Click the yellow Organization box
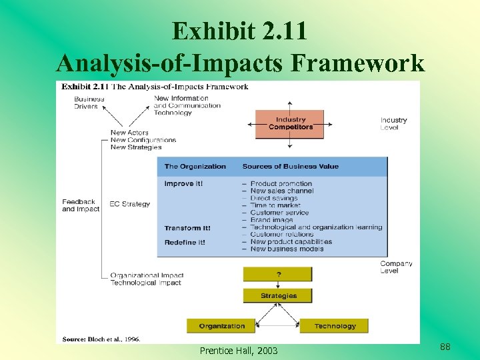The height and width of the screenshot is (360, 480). coord(221,326)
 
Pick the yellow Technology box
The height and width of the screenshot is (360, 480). coord(335,326)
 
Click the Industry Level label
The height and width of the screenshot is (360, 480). coord(393,123)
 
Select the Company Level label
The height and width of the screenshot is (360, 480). coord(396,267)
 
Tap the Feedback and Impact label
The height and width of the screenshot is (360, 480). coord(80,205)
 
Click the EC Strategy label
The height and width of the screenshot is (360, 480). coord(131,204)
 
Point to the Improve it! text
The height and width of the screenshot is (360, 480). coord(183,183)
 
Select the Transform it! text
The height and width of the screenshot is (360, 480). coord(187,228)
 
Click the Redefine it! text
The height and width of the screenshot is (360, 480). coord(185,242)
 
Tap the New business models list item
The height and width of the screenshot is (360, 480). coord(287,249)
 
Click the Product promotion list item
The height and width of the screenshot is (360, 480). coord(281,183)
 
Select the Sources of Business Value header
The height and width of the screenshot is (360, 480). coord(290,167)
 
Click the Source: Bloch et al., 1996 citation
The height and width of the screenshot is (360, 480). coord(101,339)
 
